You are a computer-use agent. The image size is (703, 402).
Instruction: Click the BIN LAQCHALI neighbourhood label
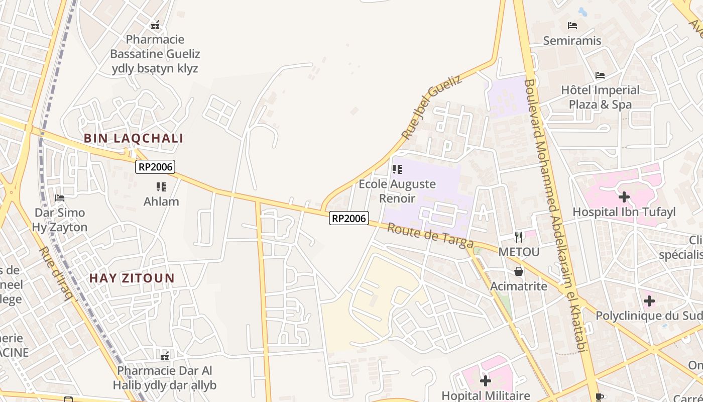[x=134, y=138]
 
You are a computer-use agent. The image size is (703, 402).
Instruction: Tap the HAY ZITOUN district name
[x=132, y=278]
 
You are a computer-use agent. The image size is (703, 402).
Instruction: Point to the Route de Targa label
[x=430, y=236]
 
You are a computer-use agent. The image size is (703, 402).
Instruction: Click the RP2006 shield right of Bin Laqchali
[x=155, y=167]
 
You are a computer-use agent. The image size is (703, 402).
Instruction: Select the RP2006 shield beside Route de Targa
[x=349, y=218]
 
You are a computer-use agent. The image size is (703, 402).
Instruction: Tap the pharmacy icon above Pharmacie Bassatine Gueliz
[x=155, y=25]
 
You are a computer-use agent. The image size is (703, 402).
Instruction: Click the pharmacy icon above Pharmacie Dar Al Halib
[x=165, y=356]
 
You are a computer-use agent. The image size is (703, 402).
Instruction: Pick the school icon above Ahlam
[x=161, y=187]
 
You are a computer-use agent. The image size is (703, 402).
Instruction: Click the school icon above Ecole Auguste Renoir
[x=397, y=169]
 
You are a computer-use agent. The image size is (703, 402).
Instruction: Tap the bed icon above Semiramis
[x=572, y=26]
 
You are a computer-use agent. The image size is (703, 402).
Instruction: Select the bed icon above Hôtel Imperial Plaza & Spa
[x=600, y=75]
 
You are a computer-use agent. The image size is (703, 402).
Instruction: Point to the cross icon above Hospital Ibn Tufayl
[x=624, y=197]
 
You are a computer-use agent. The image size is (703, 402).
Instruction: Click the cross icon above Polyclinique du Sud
[x=649, y=301]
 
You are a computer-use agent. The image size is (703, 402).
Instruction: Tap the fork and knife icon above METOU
[x=519, y=237]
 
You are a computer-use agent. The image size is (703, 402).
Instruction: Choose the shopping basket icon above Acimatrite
[x=519, y=271]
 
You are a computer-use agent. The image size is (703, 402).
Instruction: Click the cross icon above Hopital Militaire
[x=486, y=381]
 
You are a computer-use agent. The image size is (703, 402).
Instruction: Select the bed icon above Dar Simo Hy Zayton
[x=60, y=198]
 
